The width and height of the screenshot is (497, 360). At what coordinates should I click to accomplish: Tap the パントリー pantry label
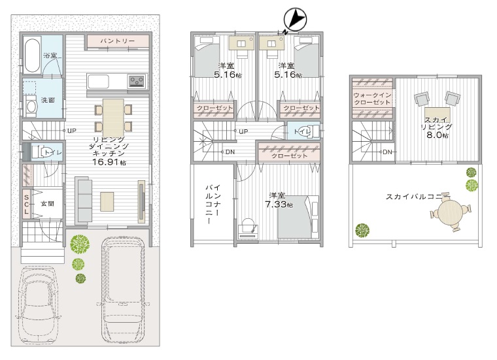pyautogui.click(x=118, y=41)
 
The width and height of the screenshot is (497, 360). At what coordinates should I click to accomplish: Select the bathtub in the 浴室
pyautogui.click(x=32, y=55)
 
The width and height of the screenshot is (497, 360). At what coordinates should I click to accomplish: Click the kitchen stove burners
pyautogui.click(x=137, y=81)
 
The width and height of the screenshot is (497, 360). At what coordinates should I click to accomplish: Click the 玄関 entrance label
pyautogui.click(x=47, y=204)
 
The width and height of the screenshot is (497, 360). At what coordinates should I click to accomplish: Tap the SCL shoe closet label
pyautogui.click(x=26, y=204)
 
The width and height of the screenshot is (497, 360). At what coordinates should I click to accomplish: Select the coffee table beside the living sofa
pyautogui.click(x=107, y=201)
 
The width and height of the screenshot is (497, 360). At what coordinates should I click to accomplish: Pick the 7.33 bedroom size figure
pyautogui.click(x=275, y=205)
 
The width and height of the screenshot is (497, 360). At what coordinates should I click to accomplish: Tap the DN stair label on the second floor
pyautogui.click(x=230, y=152)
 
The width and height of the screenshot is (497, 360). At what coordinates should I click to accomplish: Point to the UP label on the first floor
pyautogui.click(x=72, y=131)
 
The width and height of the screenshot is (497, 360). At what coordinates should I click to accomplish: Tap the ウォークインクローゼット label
pyautogui.click(x=372, y=99)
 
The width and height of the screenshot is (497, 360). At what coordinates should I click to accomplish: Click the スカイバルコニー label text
pyautogui.click(x=417, y=197)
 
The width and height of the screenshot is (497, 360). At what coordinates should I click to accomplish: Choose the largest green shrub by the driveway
pyautogui.click(x=80, y=244)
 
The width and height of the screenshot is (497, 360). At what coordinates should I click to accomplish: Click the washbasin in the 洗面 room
pyautogui.click(x=31, y=106)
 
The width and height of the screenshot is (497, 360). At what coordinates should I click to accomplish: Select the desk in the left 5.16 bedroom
pyautogui.click(x=241, y=43)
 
